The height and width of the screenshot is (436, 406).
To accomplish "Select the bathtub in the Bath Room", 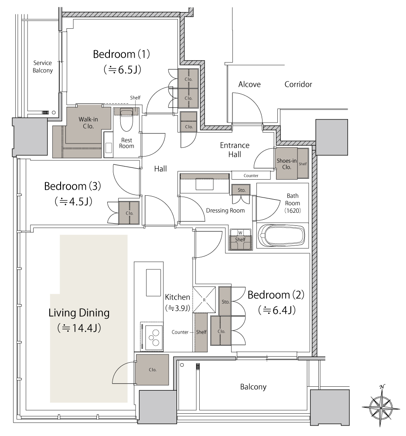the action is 282,235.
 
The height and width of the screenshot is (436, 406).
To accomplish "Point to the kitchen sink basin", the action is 154,283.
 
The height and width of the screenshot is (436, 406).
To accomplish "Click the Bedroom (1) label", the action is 121,54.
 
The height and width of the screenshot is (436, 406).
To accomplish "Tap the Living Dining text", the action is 79,313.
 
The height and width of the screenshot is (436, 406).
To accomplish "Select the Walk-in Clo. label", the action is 88,123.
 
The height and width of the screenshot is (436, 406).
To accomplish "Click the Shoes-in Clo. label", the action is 287,164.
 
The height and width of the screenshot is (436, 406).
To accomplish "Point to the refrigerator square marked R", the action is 204,300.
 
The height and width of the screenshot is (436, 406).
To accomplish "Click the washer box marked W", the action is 240,232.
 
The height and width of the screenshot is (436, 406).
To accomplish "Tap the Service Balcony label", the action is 43,67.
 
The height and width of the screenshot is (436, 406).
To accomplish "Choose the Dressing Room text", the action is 225,211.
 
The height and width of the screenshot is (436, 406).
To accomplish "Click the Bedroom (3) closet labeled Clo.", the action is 129,213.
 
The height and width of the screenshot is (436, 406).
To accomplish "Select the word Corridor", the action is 298,84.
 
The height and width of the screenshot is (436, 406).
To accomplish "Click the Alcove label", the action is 249,84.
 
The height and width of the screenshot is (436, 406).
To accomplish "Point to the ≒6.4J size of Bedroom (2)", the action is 276,310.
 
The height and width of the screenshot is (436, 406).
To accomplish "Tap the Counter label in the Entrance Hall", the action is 251,175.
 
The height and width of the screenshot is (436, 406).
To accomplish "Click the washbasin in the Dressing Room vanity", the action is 205,184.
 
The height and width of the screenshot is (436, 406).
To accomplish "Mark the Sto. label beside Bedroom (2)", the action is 225,302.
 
